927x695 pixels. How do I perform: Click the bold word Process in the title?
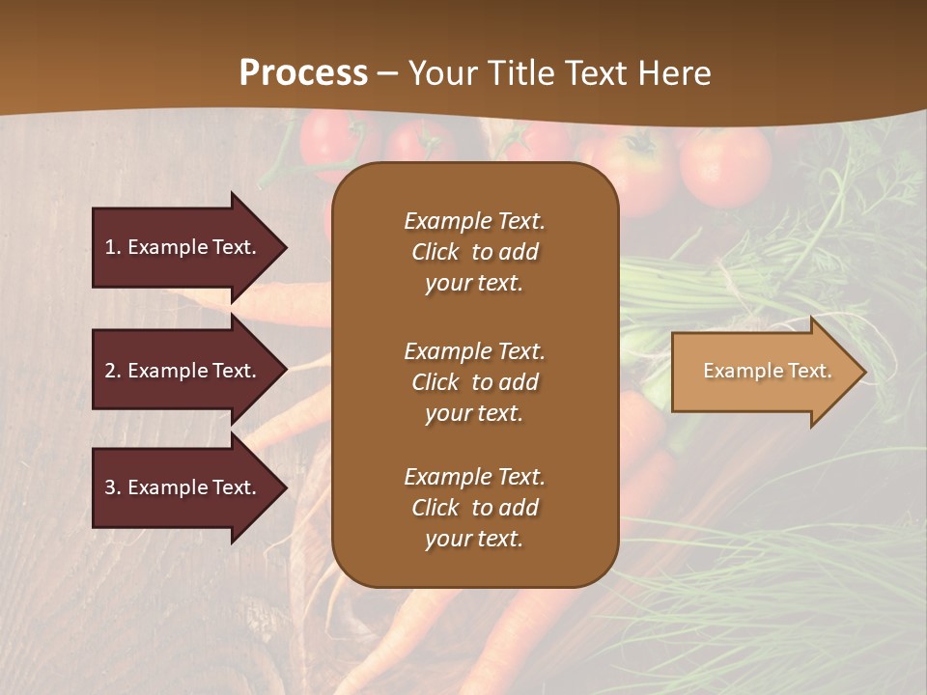[303, 72]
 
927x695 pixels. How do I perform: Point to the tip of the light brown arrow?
[863, 372]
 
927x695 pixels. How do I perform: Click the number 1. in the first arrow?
[113, 247]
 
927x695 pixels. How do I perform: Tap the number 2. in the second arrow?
[113, 371]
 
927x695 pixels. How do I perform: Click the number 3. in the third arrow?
[113, 487]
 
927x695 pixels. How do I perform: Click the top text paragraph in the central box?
[474, 252]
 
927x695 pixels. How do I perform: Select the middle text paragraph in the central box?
[474, 382]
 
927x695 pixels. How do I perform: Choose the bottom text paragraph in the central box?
[474, 508]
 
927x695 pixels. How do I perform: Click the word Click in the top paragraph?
[435, 252]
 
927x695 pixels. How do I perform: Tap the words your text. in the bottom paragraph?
[474, 539]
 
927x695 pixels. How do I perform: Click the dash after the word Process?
[388, 73]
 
